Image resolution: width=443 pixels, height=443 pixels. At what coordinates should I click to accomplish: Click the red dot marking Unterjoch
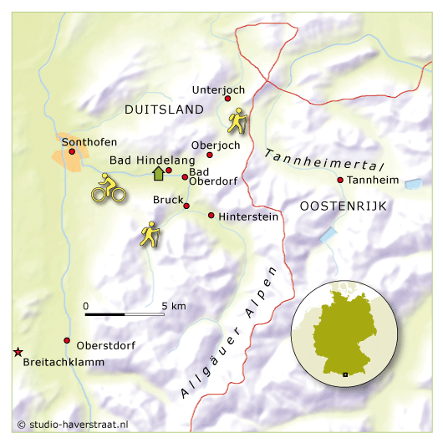(x=227, y=99)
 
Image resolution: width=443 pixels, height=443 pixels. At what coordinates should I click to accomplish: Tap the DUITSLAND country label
(x=164, y=110)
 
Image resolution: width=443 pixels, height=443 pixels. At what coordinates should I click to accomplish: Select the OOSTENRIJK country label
(x=343, y=206)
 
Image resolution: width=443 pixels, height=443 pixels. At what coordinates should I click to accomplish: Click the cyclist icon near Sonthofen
(x=108, y=188)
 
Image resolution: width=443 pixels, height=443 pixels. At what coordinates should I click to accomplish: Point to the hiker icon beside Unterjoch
(x=237, y=121)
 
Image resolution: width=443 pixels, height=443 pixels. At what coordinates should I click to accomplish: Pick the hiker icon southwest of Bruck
(x=150, y=234)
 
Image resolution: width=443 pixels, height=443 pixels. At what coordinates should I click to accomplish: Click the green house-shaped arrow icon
(x=156, y=173)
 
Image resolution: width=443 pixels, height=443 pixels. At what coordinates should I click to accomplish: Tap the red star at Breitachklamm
(x=18, y=353)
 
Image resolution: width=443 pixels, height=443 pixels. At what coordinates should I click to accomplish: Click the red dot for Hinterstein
(x=211, y=216)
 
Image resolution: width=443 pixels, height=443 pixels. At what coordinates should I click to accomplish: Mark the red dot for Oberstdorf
(x=67, y=340)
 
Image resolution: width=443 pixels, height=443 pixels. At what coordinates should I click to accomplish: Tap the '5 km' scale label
(x=174, y=306)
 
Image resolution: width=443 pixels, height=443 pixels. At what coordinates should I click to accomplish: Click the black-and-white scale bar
(x=125, y=314)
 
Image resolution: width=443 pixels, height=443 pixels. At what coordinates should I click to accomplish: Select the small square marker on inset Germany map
(x=344, y=374)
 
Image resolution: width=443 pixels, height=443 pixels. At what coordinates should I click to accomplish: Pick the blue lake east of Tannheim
(x=413, y=183)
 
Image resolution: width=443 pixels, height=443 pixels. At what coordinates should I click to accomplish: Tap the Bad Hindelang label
(x=152, y=160)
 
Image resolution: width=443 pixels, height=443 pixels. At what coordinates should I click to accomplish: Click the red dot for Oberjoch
(x=210, y=155)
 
